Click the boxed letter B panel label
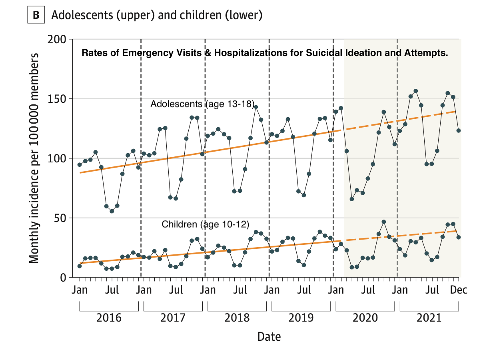click(36, 15)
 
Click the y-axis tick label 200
click(58, 40)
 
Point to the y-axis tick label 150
click(58, 99)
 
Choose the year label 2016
click(109, 318)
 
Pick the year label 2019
click(301, 318)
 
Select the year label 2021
click(429, 318)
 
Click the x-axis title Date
click(269, 336)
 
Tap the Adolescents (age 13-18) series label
click(202, 104)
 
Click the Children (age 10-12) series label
click(206, 224)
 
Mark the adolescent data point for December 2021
click(459, 130)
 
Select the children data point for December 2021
click(459, 237)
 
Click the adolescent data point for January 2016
click(80, 164)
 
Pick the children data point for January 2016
click(80, 266)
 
